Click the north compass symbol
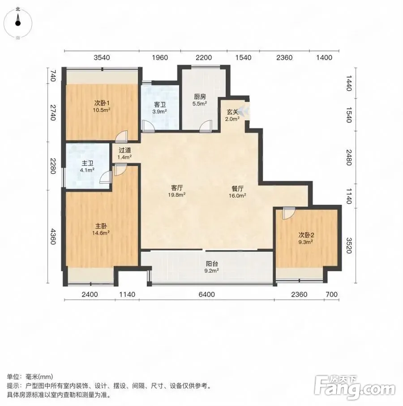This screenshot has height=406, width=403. pyautogui.click(x=18, y=23)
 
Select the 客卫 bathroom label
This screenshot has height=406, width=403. pyautogui.click(x=160, y=105)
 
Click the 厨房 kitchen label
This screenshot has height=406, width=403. pyautogui.click(x=200, y=96)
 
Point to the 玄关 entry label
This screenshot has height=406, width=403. pyautogui.click(x=232, y=112)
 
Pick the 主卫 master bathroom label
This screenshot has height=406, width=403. pyautogui.click(x=88, y=163)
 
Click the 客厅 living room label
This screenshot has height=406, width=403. pyautogui.click(x=177, y=188)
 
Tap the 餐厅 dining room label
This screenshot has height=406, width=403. pyautogui.click(x=237, y=188)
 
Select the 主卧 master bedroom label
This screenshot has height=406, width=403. pyautogui.click(x=101, y=226)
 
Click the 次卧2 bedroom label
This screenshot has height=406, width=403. pyautogui.click(x=306, y=235)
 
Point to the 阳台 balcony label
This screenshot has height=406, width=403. pyautogui.click(x=212, y=264)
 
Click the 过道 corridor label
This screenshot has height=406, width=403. pyautogui.click(x=125, y=150)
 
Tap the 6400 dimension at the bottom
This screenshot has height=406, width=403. pyautogui.click(x=206, y=294)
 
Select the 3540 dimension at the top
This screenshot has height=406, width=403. pyautogui.click(x=102, y=57)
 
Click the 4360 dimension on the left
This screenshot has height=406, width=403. pyautogui.click(x=53, y=236)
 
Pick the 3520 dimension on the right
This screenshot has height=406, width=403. pyautogui.click(x=349, y=246)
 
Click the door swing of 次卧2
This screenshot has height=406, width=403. pyautogui.click(x=288, y=213)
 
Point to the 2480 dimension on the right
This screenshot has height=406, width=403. pyautogui.click(x=349, y=157)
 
